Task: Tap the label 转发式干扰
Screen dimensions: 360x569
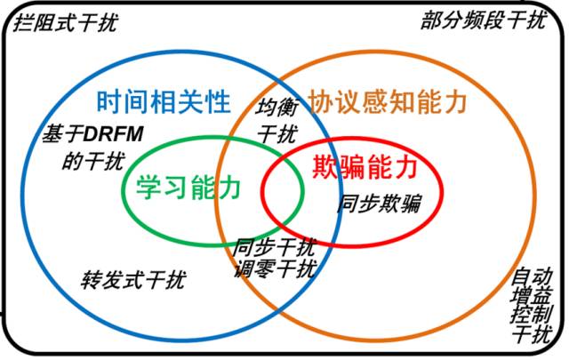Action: pyautogui.click(x=133, y=280)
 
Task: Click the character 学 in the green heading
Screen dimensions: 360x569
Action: pyautogui.click(x=149, y=188)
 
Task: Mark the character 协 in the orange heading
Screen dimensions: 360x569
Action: pyautogui.click(x=318, y=102)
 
